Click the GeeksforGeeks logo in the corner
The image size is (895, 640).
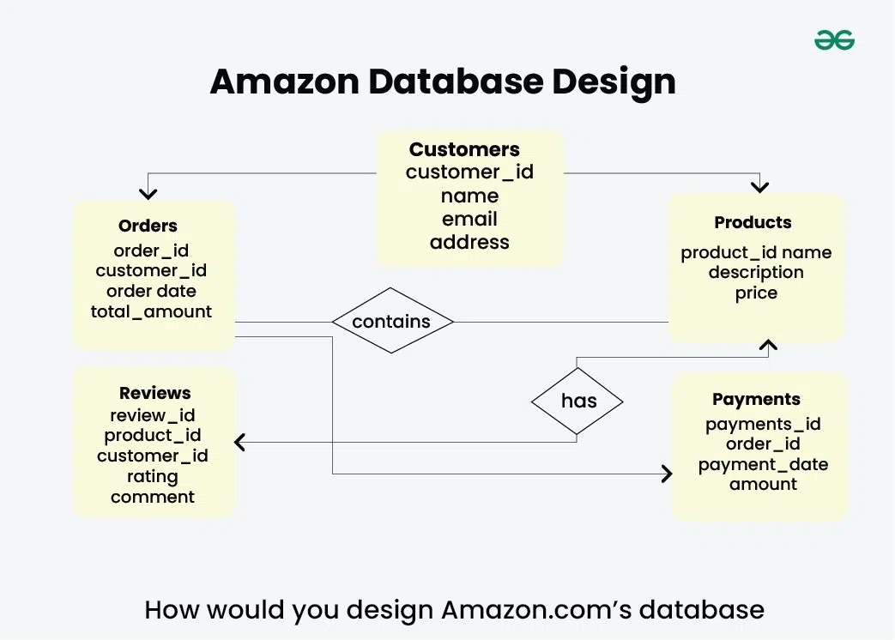834,39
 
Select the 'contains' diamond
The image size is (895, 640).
392,322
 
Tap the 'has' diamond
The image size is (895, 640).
578,401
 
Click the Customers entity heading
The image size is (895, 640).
464,149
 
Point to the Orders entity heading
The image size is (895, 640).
148,226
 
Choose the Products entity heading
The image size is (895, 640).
753,222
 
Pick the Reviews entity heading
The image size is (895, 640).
154,393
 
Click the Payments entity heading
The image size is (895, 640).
756,399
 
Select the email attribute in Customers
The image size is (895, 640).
469,219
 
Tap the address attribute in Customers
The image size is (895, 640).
469,242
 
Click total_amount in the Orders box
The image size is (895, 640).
151,311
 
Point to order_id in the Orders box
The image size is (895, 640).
151,251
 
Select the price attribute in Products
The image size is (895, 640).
756,293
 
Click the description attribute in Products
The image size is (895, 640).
756,272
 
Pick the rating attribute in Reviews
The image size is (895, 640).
153,476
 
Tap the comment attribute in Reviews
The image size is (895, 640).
153,497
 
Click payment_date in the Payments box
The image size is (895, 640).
763,464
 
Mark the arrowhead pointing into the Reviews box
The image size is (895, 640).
239,443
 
